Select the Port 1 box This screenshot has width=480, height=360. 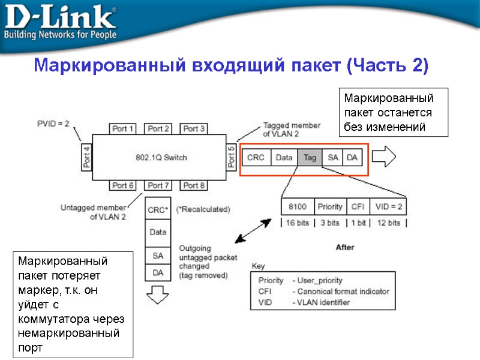(124, 128)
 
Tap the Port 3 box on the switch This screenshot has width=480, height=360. (194, 128)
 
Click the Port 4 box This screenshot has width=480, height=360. (86, 157)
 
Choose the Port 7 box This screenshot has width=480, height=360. (159, 185)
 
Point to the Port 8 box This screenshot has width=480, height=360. (194, 185)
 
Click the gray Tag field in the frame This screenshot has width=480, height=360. (310, 157)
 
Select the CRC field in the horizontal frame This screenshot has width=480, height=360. (256, 157)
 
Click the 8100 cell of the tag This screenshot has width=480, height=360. (298, 206)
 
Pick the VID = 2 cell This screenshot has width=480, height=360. (388, 206)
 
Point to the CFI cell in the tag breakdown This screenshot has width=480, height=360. (358, 206)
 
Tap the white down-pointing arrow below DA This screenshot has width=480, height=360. (158, 295)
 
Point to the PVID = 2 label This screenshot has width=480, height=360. (53, 124)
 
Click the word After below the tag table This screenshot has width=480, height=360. (345, 247)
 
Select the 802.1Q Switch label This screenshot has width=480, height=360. (160, 157)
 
